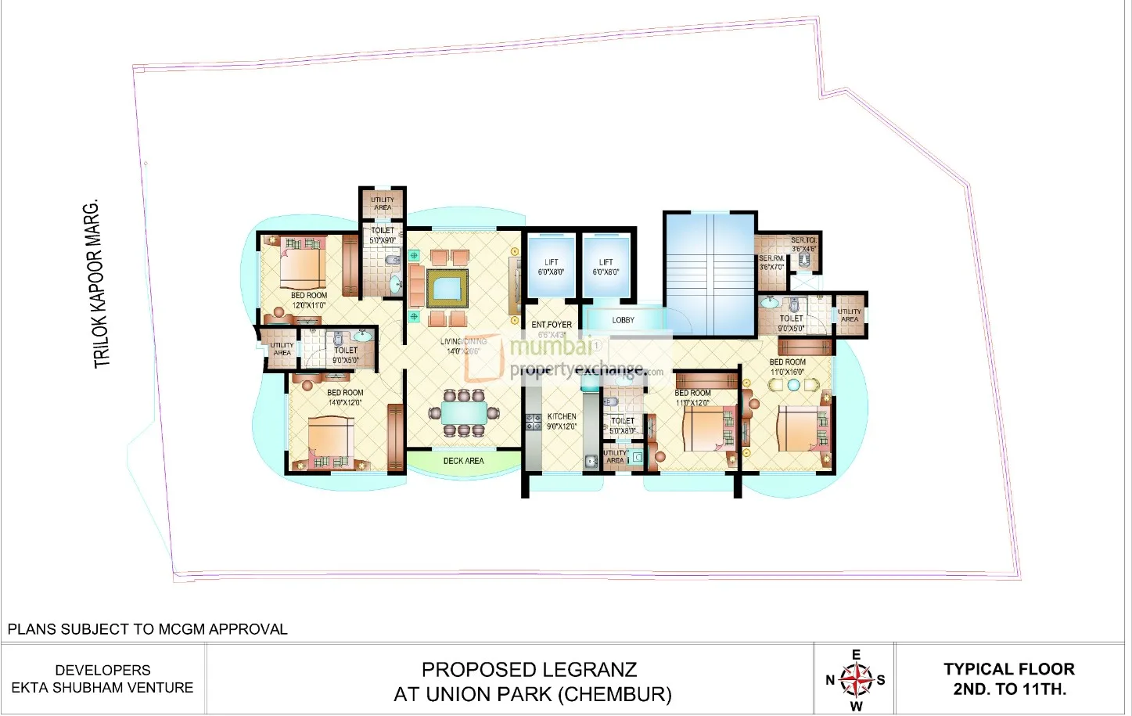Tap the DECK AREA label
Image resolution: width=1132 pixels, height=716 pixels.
[463, 461]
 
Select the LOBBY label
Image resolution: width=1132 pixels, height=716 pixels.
[623, 320]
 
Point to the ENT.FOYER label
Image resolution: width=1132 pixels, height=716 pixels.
[552, 325]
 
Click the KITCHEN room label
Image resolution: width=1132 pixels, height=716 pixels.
[562, 417]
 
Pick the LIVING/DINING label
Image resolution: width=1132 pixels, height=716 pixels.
[463, 342]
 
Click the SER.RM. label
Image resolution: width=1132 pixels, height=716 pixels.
[771, 258]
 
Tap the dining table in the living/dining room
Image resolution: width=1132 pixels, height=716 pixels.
[464, 412]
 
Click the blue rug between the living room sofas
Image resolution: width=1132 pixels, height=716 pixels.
[447, 290]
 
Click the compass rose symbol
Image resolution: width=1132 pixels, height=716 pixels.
[857, 679]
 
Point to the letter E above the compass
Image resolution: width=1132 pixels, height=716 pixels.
[856, 655]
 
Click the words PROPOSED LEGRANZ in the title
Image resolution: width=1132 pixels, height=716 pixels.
[529, 670]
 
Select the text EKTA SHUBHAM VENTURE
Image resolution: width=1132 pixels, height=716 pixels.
[102, 688]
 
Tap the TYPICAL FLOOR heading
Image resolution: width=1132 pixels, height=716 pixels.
[1008, 669]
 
